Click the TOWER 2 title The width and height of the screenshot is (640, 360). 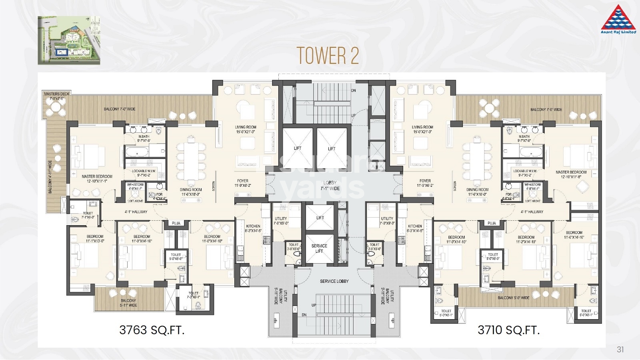[328, 56]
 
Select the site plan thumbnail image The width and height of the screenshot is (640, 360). [69, 40]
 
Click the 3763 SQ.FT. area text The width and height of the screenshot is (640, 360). [152, 330]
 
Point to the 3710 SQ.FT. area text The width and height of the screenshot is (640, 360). [508, 330]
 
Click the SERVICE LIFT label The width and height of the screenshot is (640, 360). [319, 248]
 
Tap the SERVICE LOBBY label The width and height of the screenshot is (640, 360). [334, 281]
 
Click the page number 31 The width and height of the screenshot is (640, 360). [620, 349]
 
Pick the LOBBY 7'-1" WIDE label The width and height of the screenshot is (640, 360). [330, 185]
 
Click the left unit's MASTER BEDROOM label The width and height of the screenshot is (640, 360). [97, 178]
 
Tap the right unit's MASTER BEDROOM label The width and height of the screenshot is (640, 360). [571, 174]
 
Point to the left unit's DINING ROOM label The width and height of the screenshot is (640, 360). [191, 192]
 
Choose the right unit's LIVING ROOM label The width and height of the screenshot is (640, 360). [422, 129]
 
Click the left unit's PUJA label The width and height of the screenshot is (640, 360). [176, 223]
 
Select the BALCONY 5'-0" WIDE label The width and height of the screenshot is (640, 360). [513, 298]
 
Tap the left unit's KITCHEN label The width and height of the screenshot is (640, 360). [253, 228]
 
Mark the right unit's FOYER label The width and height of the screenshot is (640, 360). [425, 183]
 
